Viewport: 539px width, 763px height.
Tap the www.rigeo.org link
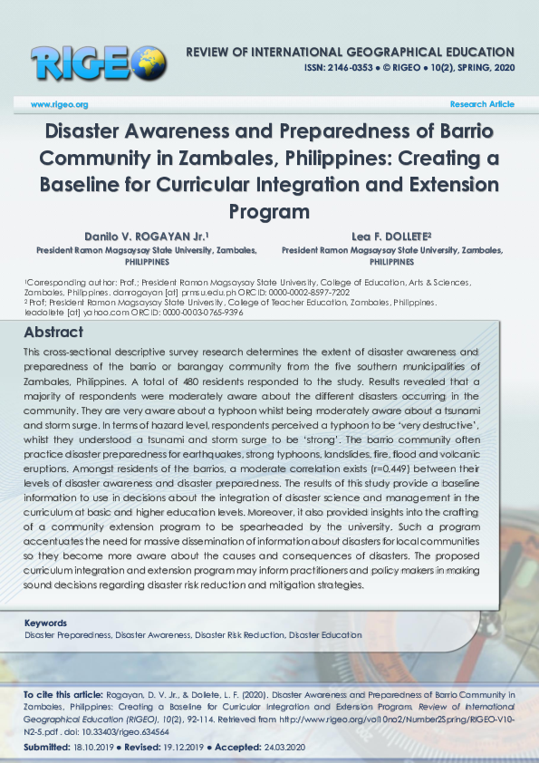tap(59, 105)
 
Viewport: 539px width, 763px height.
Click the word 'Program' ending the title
tap(269, 212)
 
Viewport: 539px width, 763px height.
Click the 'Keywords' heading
tap(45, 623)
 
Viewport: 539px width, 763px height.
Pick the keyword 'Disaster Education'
tap(325, 635)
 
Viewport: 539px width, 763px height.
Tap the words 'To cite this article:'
tap(61, 694)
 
